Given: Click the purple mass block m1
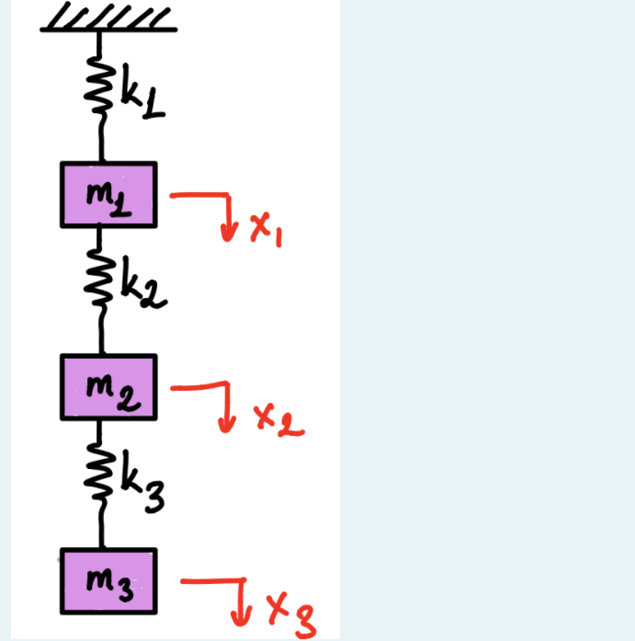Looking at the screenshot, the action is [x=108, y=194].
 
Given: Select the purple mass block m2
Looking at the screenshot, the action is [x=108, y=386].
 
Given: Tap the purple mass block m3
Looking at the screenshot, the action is [x=108, y=581].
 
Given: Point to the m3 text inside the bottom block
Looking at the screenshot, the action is [x=108, y=582].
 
